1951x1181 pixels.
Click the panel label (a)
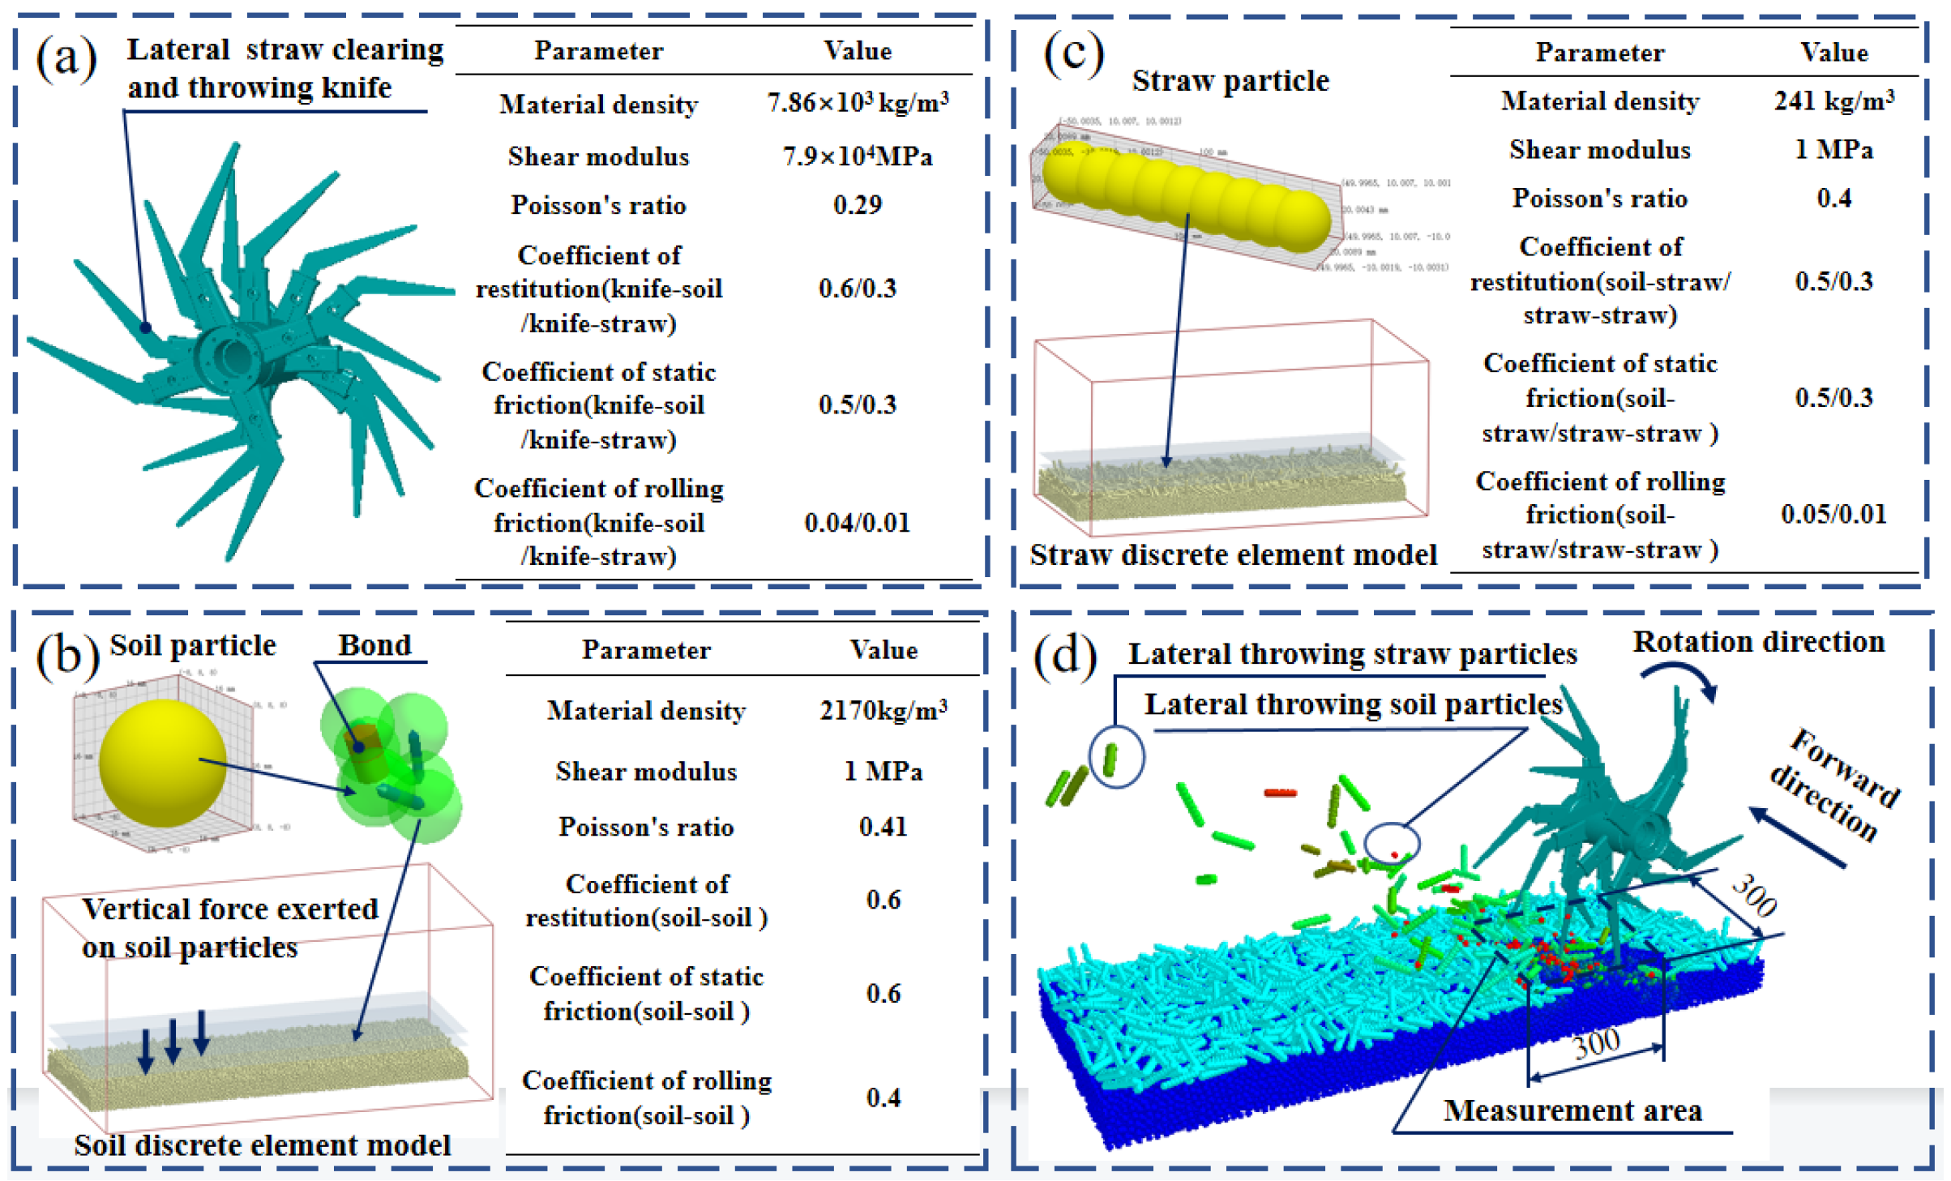[x=66, y=58]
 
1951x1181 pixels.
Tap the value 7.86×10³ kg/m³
[x=858, y=104]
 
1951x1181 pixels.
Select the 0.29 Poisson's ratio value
[x=858, y=205]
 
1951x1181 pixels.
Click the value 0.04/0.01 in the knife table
[x=858, y=523]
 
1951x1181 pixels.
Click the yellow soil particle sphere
[x=162, y=763]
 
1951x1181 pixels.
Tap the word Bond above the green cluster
[x=374, y=645]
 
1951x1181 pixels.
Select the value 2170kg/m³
[x=884, y=711]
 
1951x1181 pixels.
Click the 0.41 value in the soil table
[x=884, y=827]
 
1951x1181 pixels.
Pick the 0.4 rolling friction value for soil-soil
[x=884, y=1098]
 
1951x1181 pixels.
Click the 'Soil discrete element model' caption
[x=262, y=1145]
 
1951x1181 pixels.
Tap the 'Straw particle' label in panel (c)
[x=1230, y=81]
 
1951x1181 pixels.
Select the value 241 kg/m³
[x=1834, y=101]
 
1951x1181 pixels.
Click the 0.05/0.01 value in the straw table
[x=1834, y=514]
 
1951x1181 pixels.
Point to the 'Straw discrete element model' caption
[x=1233, y=555]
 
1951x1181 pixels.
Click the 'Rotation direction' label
[x=1758, y=642]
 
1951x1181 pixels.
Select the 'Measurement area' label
[x=1572, y=1110]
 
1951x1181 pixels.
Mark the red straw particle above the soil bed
[x=1281, y=792]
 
